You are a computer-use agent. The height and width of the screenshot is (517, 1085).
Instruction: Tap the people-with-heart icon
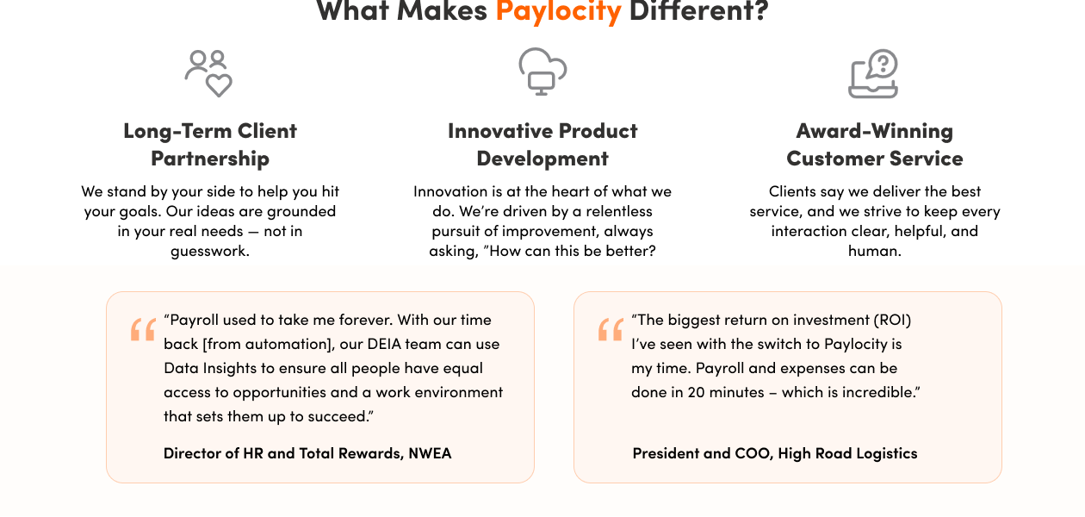pos(209,72)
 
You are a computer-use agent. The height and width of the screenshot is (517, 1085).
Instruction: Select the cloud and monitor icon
pos(542,71)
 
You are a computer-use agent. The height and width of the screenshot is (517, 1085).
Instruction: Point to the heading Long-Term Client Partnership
pos(210,145)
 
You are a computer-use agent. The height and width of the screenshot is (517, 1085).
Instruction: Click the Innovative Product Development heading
pos(542,145)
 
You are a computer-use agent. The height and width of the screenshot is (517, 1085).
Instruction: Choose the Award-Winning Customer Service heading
pos(875,145)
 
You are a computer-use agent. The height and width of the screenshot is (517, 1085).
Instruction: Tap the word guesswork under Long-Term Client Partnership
pos(210,252)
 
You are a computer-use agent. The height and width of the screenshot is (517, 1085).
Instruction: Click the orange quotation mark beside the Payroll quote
pos(143,330)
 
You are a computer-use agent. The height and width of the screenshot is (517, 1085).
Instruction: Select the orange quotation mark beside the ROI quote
pos(611,330)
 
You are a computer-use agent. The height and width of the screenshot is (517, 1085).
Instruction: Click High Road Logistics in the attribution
pos(847,453)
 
